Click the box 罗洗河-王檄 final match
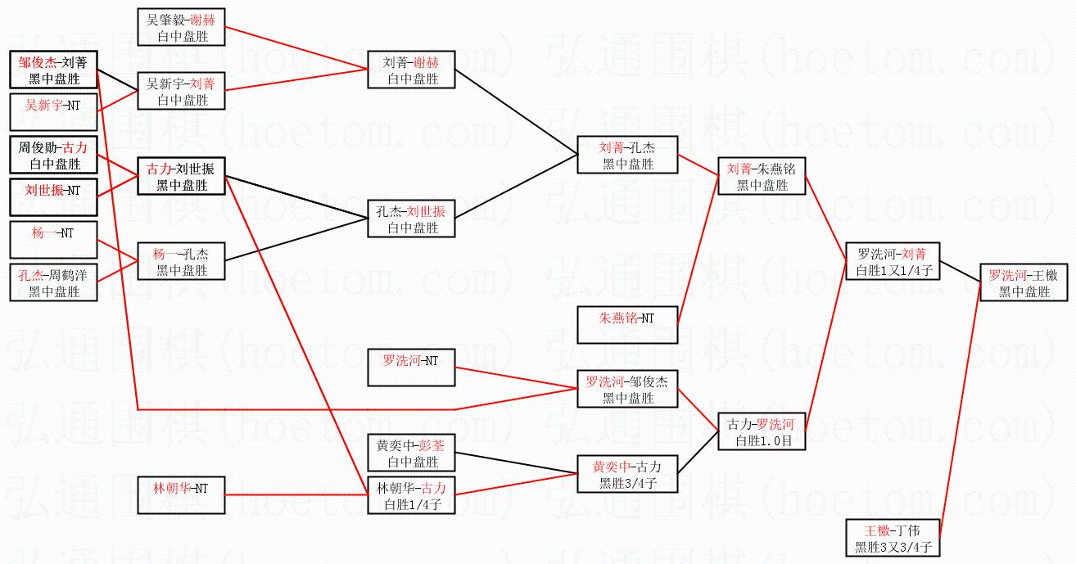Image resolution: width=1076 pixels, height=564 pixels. pyautogui.click(x=1023, y=282)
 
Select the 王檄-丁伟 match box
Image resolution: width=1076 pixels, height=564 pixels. pyautogui.click(x=892, y=538)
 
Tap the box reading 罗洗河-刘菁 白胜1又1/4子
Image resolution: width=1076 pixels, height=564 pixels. pyautogui.click(x=892, y=261)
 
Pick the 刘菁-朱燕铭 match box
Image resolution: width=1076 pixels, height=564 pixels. pyautogui.click(x=761, y=176)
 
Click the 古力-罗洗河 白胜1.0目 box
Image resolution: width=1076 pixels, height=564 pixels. pyautogui.click(x=761, y=431)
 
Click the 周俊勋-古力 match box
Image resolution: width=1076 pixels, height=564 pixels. pyautogui.click(x=53, y=155)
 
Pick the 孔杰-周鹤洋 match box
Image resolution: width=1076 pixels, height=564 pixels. pyautogui.click(x=53, y=282)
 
